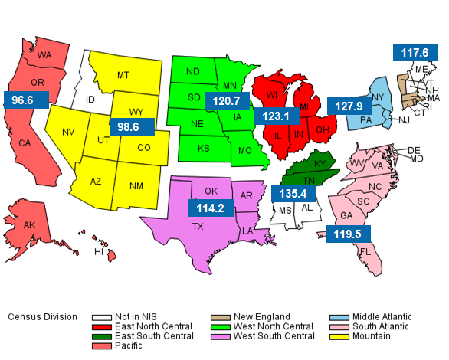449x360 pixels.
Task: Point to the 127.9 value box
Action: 349,105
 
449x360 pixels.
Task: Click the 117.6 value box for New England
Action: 415,53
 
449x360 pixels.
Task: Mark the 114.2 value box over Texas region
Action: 211,208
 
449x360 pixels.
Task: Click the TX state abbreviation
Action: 198,227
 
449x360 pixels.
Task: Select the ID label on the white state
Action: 90,100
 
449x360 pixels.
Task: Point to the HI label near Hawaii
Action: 99,251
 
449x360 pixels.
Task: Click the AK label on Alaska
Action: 29,225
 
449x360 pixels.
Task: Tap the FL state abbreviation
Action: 365,251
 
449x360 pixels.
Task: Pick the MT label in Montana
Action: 123,75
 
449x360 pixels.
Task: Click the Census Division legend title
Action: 42,316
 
